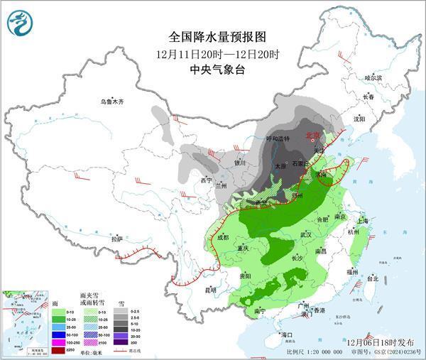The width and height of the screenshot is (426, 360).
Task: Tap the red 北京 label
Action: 312,134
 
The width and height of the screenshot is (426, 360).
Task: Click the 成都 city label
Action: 223,237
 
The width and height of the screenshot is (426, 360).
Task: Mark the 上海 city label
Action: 363,220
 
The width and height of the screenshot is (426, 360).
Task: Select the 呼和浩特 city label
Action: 278,138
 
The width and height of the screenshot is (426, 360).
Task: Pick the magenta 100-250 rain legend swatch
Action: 52,342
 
